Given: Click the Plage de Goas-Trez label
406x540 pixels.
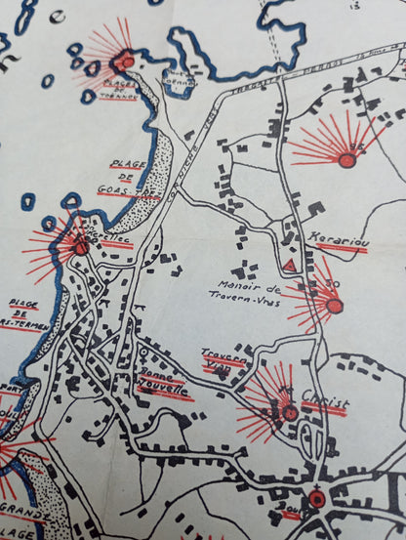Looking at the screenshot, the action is click(121, 178).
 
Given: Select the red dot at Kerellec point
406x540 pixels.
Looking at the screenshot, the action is click(81, 247).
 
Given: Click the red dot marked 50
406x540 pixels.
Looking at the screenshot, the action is click(334, 306).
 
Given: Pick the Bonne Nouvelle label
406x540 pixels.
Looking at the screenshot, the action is click(163, 385).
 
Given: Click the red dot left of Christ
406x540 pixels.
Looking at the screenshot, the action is click(289, 412).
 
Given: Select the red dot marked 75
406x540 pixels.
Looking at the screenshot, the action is click(346, 160).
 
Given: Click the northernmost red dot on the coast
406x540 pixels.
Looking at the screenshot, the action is click(126, 62).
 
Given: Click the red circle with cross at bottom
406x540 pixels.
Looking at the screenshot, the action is click(316, 499).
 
